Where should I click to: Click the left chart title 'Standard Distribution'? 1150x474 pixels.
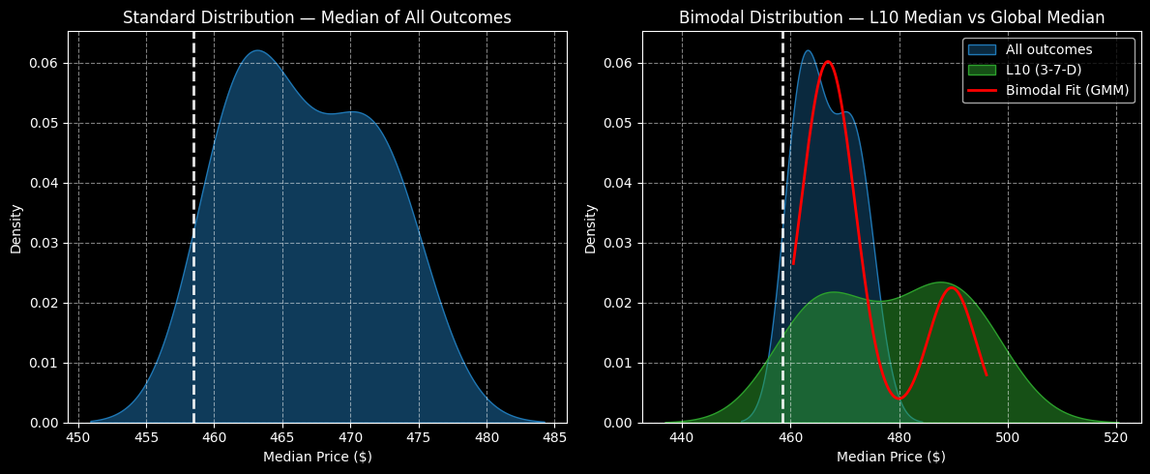click(316, 17)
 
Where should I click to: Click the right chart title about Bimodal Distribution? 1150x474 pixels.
click(891, 17)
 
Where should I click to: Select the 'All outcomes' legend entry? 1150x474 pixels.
click(1048, 49)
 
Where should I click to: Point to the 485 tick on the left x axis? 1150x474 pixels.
click(554, 436)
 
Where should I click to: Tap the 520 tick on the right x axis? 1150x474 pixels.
click(1117, 436)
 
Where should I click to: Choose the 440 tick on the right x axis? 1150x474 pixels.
click(682, 436)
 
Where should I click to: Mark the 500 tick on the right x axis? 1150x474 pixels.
click(1008, 436)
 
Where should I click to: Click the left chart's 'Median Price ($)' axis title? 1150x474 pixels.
click(316, 457)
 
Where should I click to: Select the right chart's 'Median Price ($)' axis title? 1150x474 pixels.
click(891, 457)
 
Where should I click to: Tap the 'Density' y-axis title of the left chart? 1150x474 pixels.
click(16, 228)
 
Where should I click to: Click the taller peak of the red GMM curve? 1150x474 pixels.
click(827, 62)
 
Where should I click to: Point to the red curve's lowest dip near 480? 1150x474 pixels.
click(899, 399)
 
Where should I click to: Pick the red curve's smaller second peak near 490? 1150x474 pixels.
click(952, 287)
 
